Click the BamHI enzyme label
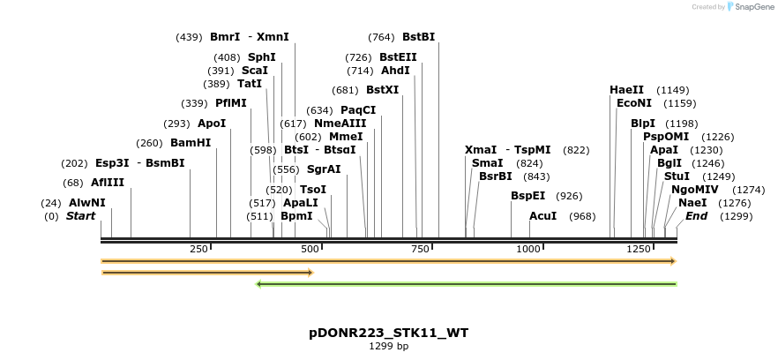coord(191,143)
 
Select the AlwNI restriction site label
coord(86,203)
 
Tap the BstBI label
coord(418,37)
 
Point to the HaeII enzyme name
coord(626,90)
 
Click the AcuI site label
coord(542,216)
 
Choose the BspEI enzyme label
coord(527,196)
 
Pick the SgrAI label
coord(324,169)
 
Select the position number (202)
coord(74,163)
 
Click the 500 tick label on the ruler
coord(310,250)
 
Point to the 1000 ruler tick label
coord(528,250)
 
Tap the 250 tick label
coord(198,250)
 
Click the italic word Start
coord(80,216)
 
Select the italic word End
coord(696,216)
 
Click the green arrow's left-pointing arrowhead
coord(258,284)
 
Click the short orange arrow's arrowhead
coord(310,273)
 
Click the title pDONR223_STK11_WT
coord(388,333)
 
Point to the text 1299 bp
coord(388,347)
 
